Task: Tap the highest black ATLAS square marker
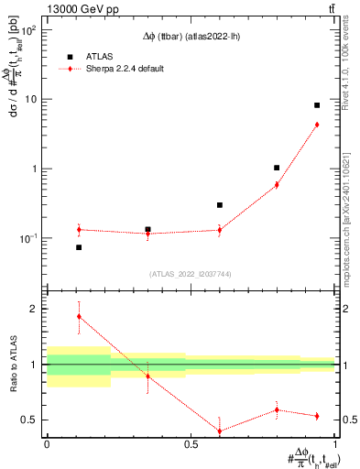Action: (x=317, y=105)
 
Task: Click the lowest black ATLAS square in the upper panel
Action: (x=79, y=247)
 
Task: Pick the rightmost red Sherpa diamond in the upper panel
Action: (x=317, y=125)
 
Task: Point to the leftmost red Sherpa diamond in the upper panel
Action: (x=79, y=229)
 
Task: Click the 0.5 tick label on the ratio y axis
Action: (x=29, y=420)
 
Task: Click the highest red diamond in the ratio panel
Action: (x=79, y=316)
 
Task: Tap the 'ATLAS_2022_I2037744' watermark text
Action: (x=191, y=273)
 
